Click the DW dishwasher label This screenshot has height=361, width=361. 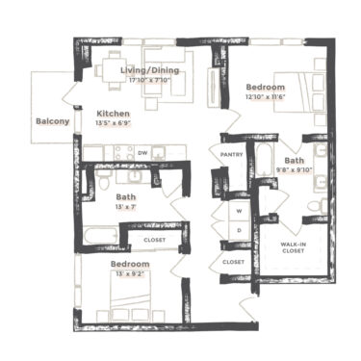pos(142,152)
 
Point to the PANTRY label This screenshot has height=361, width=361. pos(231,153)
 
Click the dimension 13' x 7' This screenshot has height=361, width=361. pos(126,208)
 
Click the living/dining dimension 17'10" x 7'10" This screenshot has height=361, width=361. pos(149,81)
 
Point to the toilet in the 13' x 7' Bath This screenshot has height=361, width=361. pos(103,180)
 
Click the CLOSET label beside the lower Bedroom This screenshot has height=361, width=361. pos(154,239)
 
